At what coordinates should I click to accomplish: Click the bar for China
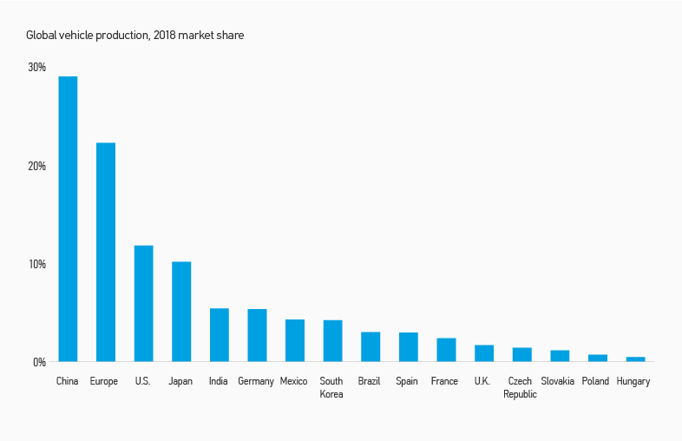click(68, 219)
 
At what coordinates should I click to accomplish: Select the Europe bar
click(105, 252)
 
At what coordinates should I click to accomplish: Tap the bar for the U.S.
click(143, 303)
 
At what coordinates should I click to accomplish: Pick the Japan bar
click(181, 311)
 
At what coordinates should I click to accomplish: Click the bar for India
click(219, 334)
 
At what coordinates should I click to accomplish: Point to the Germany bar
click(257, 335)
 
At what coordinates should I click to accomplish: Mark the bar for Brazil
click(371, 346)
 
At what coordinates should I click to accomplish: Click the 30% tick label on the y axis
click(36, 67)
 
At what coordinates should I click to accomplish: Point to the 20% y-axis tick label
click(36, 166)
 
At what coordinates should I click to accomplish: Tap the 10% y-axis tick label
click(36, 264)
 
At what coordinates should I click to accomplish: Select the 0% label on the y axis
click(39, 362)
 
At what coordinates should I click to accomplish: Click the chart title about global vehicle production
click(134, 36)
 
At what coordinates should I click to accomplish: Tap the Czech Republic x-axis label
click(520, 387)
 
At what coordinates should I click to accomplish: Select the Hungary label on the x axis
click(633, 381)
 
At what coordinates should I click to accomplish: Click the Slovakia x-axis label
click(557, 381)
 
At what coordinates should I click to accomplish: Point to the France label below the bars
click(444, 381)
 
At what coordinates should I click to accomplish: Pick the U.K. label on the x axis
click(482, 381)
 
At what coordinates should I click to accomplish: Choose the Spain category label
click(407, 381)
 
